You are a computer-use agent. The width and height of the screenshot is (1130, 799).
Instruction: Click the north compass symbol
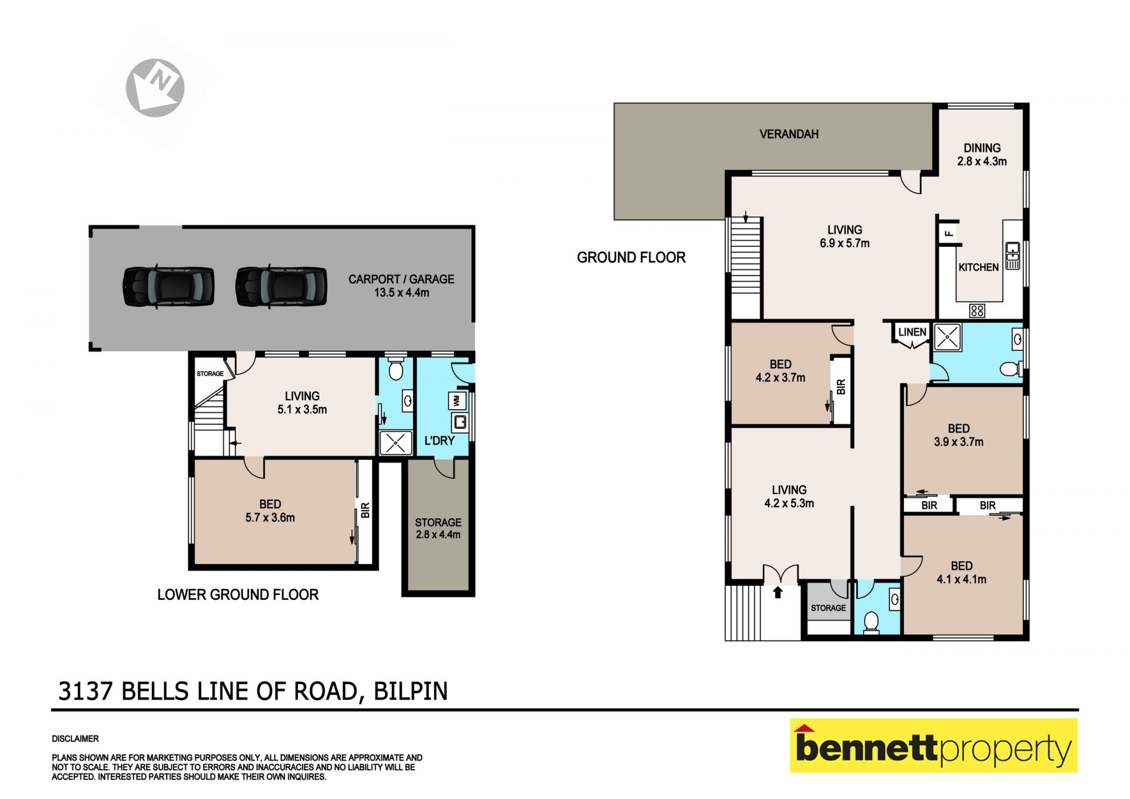(x=155, y=88)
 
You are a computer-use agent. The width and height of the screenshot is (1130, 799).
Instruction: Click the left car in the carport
(x=168, y=287)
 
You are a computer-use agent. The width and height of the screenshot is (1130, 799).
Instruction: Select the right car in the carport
(x=281, y=287)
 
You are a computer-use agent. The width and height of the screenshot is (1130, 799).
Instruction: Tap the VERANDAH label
(x=789, y=134)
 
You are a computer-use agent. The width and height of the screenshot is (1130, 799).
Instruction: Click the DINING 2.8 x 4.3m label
(x=982, y=154)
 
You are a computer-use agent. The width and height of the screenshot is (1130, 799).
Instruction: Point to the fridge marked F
(x=948, y=233)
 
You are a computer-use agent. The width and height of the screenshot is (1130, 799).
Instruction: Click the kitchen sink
(x=1012, y=256)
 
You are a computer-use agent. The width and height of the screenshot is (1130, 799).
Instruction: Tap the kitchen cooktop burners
(x=977, y=310)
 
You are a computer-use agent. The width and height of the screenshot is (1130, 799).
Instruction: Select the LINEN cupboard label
(x=912, y=332)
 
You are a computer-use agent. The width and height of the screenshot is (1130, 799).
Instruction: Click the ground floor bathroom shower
(x=947, y=337)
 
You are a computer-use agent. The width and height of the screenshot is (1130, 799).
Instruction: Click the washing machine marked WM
(x=457, y=401)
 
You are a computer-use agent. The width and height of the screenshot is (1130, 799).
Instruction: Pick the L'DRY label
(x=439, y=440)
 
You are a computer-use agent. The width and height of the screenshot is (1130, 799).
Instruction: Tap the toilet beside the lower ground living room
(x=395, y=368)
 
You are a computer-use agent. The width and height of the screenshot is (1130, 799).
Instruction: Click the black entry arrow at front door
(x=777, y=592)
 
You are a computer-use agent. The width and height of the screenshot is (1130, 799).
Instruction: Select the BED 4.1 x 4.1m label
(x=961, y=572)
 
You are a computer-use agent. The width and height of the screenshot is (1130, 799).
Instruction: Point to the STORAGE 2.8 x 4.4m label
(x=438, y=528)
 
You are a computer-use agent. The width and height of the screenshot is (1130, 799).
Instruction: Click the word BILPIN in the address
(x=411, y=691)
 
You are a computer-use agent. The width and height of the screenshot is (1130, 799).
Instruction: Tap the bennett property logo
(x=933, y=745)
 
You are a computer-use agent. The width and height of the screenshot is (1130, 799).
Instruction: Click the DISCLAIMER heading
(x=75, y=738)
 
